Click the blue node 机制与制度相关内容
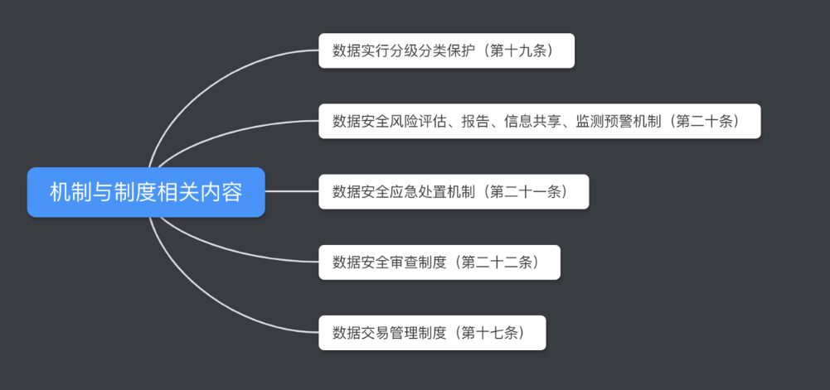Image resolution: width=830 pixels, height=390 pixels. (146, 192)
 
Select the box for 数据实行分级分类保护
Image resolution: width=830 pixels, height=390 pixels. (446, 51)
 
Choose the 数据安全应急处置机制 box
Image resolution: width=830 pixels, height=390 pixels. (454, 192)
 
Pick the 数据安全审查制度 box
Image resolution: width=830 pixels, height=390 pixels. (439, 262)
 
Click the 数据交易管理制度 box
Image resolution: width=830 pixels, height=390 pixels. (432, 333)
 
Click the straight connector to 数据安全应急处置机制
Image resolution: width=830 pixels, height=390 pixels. (292, 192)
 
